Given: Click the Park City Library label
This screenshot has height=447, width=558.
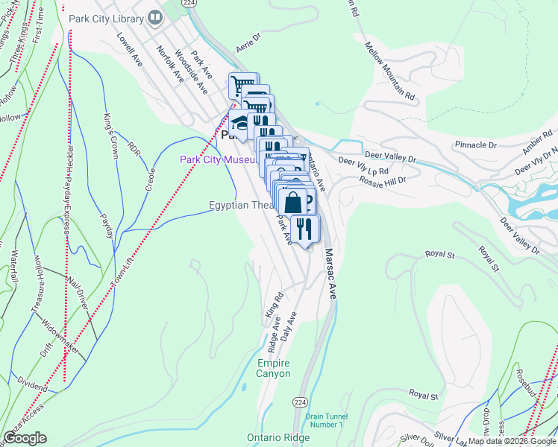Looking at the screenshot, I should coord(106,18).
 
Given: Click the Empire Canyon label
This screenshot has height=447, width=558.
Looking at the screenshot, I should coord(273,368).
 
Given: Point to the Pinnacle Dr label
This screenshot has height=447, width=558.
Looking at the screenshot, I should coord(475,145).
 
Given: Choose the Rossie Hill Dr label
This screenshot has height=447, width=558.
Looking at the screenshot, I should coord(383,180).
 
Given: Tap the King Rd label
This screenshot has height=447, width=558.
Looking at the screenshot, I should coord(275,307).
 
